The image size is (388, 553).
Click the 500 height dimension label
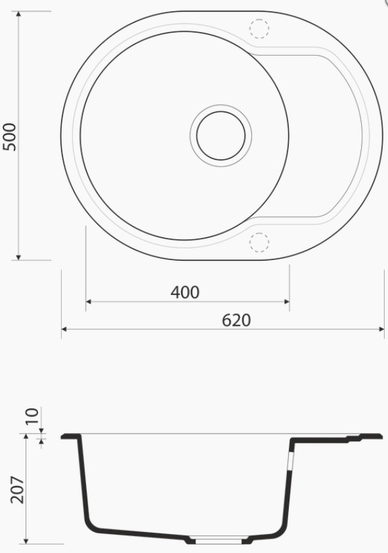click(10, 137)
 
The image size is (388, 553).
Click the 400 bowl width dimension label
click(185, 292)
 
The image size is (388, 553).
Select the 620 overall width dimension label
click(236, 320)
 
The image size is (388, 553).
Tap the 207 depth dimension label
click(17, 490)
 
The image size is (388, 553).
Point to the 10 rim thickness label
click(32, 416)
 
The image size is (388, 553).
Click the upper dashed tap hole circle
click(259, 28)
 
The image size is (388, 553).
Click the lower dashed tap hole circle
click(259, 242)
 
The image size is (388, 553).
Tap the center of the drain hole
click(221, 136)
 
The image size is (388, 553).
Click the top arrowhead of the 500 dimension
click(18, 14)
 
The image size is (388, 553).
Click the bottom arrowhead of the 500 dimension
click(18, 257)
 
